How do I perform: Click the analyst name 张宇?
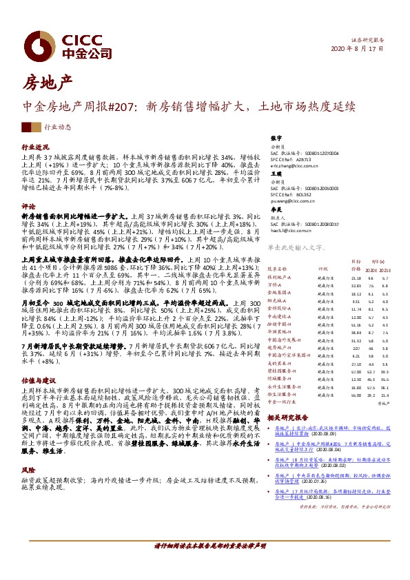[276, 138]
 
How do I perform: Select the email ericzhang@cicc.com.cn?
[295, 166]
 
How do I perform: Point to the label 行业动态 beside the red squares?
[57, 128]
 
